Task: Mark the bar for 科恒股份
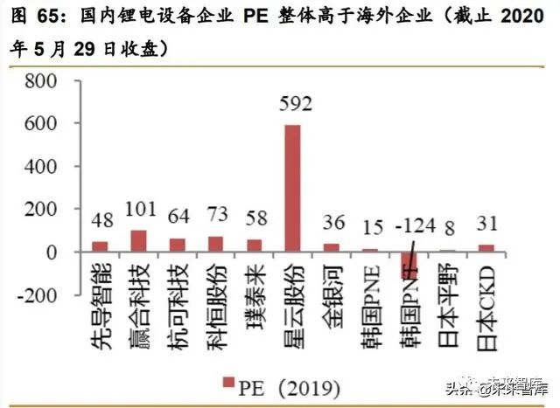[216, 244]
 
